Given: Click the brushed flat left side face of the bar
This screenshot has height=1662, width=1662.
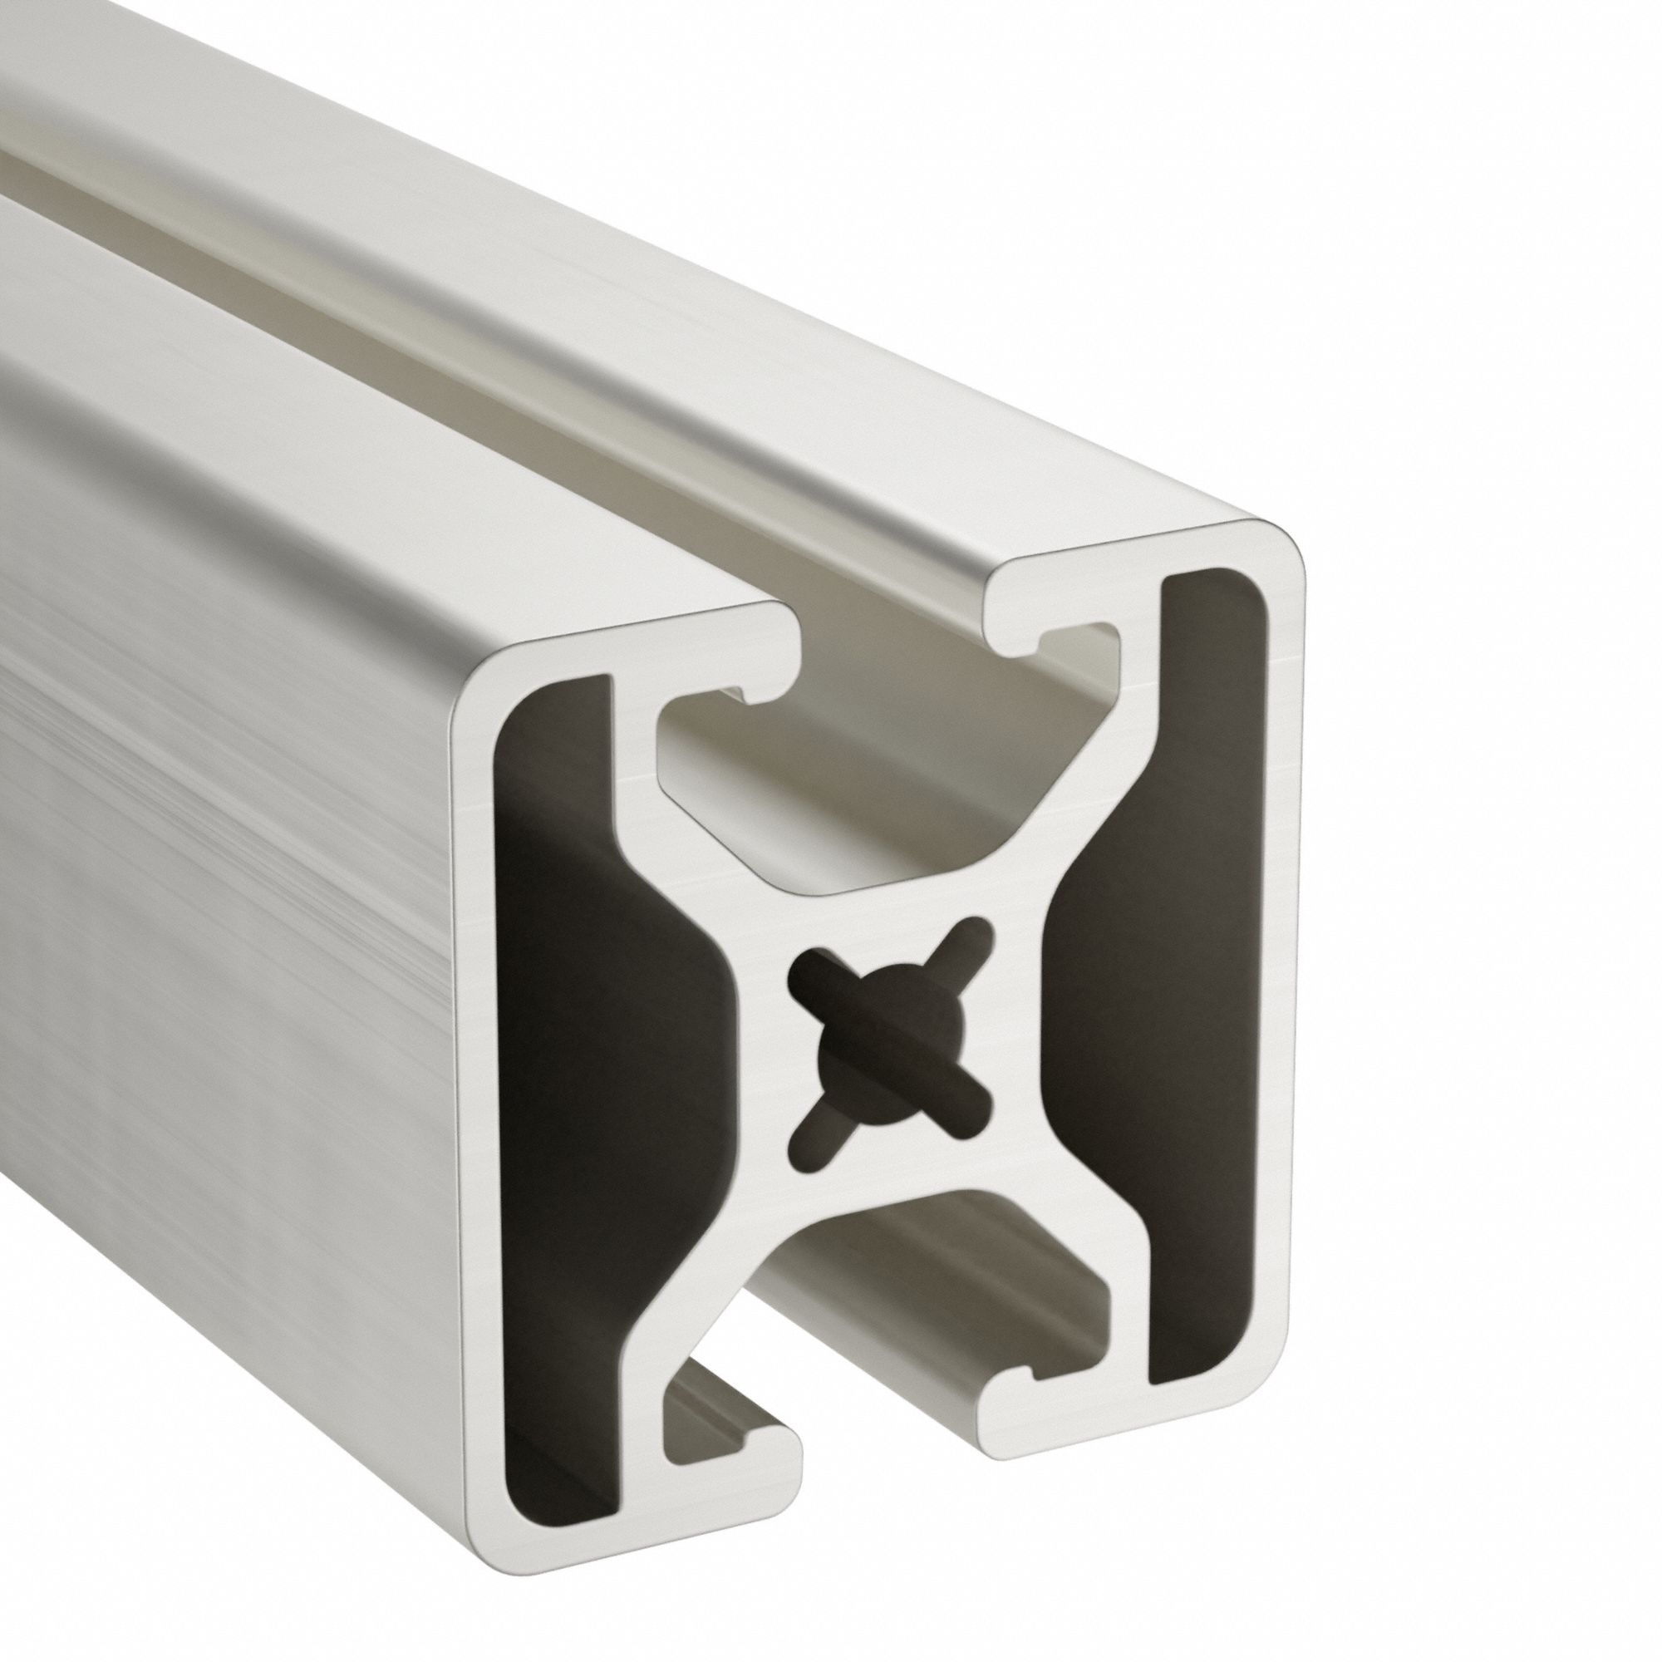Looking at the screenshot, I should pos(215,860).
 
